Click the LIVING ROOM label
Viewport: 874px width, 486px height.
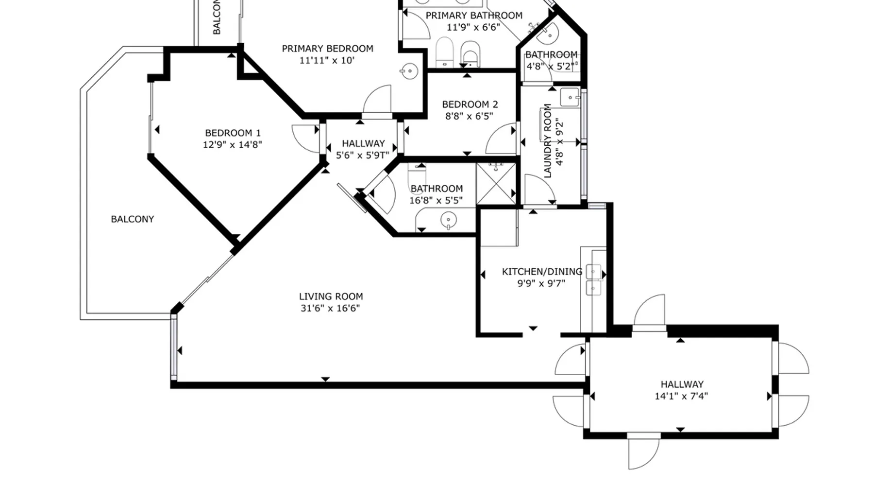coord(331,296)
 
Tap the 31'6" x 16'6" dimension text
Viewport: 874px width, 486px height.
coord(330,308)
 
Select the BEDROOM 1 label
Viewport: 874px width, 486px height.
coord(233,133)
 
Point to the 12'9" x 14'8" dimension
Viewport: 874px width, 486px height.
coord(233,144)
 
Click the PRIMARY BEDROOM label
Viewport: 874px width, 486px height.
coord(327,49)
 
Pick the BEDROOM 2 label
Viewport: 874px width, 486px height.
coord(470,104)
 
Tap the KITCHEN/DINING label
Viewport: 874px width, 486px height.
coord(542,272)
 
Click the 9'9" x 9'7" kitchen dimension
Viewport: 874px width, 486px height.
coord(541,283)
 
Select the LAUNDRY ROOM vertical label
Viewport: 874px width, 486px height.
coord(548,141)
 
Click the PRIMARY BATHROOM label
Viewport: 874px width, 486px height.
coord(474,16)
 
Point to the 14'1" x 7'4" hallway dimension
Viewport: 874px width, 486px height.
coord(681,396)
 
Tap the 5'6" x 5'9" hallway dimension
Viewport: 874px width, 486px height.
coord(363,156)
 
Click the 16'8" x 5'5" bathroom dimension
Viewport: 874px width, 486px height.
coord(436,200)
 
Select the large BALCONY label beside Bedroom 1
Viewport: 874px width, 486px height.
coord(132,219)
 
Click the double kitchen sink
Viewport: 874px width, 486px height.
coord(593,280)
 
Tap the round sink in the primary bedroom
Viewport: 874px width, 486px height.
coord(409,71)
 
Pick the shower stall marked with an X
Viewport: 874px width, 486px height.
coord(496,184)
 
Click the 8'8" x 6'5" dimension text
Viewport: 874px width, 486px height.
coord(469,116)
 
